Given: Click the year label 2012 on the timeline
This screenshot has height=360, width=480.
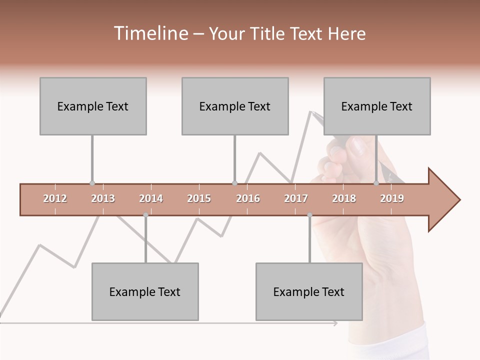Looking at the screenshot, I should click(55, 198).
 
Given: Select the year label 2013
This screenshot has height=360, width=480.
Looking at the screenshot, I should click(103, 198).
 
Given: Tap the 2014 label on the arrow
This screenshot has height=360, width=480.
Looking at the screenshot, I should click(151, 198).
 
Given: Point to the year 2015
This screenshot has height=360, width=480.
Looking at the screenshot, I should click(199, 198).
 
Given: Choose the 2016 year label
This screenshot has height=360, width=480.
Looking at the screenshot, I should click(248, 198).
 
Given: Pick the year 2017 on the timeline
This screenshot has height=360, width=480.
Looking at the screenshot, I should click(296, 198).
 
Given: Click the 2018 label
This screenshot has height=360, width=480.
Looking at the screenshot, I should click(344, 198).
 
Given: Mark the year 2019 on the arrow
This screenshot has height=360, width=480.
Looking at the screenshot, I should click(392, 198).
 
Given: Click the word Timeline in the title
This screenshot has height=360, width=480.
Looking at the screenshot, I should click(150, 33).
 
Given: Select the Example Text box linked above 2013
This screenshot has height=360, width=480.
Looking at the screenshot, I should click(93, 106).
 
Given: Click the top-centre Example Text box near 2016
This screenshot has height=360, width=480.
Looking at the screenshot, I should click(235, 106).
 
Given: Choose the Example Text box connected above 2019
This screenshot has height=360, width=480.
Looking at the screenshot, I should click(377, 106).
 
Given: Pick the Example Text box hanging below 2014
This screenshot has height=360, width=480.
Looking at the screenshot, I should click(145, 291).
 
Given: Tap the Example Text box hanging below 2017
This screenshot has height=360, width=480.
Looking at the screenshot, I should click(309, 291).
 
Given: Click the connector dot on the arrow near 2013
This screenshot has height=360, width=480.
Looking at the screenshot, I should click(92, 183).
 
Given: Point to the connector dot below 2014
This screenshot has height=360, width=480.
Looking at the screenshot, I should click(145, 215).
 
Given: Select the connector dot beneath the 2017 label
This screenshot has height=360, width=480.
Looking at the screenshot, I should click(309, 215).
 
